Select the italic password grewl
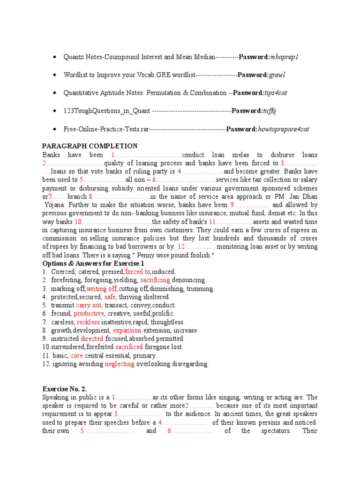pos(277,75)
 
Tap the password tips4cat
pos(276,93)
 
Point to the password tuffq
pos(270,111)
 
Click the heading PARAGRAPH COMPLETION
pos(90,146)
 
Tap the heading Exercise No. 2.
pos(65,389)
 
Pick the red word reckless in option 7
pos(89,322)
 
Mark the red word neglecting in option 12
pos(120,364)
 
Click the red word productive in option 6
pos(88,314)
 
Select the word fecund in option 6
pos(61,314)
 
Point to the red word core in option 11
pos(77,356)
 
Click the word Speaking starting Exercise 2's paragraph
pos(56,397)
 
